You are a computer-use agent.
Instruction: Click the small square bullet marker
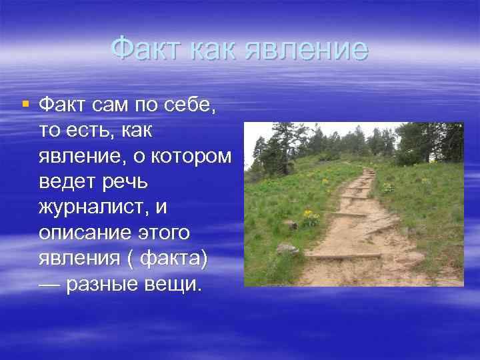pyautogui.click(x=25, y=104)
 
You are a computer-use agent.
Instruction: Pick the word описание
pyautogui.click(x=84, y=235)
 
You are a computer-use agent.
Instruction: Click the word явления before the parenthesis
pyautogui.click(x=78, y=261)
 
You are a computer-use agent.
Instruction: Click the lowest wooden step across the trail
pyautogui.click(x=343, y=255)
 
